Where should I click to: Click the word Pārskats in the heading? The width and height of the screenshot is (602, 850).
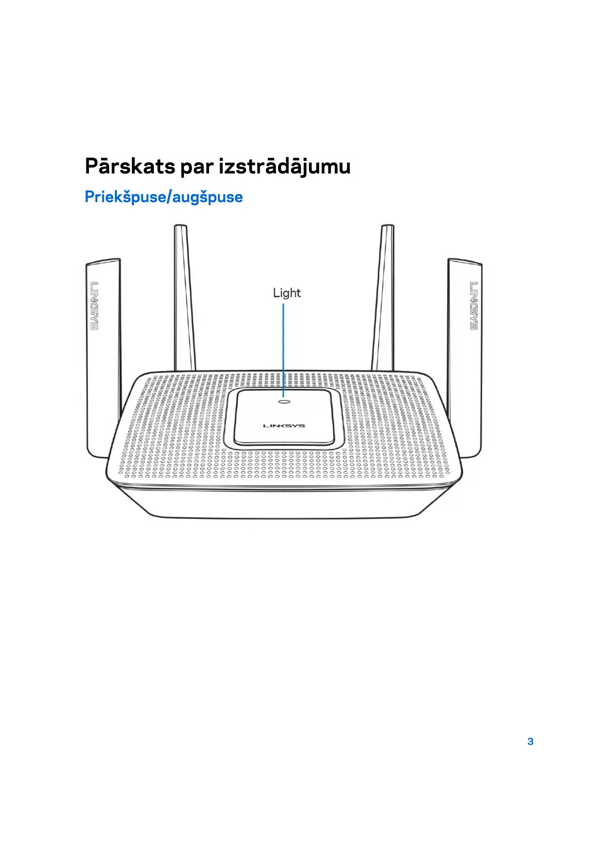point(130,166)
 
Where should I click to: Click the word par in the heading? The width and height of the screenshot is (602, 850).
point(196,167)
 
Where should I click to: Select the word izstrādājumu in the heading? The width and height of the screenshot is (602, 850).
point(284,167)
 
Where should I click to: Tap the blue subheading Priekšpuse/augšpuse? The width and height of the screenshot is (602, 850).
point(163,197)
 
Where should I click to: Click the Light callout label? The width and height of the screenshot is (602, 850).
point(287,293)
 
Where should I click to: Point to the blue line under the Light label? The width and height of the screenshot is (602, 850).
point(284,349)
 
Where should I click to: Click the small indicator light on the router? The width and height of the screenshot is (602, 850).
point(284,401)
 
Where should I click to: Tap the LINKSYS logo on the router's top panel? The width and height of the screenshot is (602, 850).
point(284,425)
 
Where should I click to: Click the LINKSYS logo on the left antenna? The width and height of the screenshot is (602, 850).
point(94,306)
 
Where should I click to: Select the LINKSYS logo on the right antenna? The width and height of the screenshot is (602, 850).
point(473,306)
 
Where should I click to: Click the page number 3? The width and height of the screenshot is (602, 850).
point(530,741)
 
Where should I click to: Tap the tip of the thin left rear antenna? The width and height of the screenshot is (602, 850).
point(180,227)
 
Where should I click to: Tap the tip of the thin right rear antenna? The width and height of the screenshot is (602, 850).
point(388,227)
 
